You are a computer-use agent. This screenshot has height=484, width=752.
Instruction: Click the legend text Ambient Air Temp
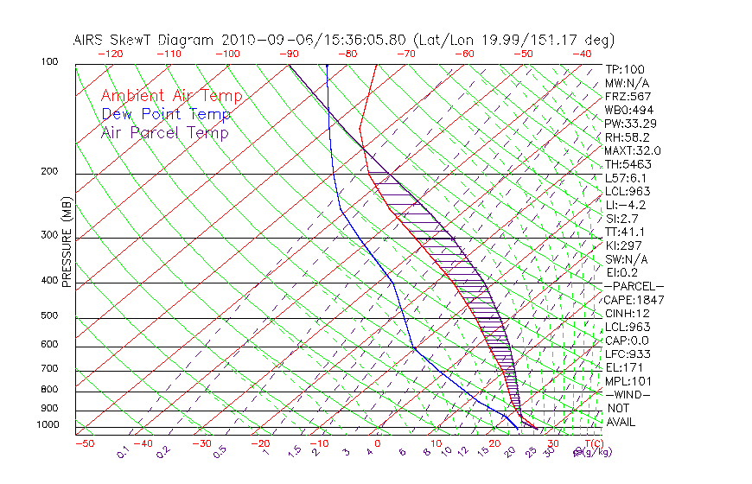point(171,96)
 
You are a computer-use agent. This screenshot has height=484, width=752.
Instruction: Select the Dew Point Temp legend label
point(166,114)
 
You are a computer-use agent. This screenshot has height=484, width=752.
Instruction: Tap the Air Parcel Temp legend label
point(165,132)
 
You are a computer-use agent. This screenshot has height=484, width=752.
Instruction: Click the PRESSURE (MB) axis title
point(67,247)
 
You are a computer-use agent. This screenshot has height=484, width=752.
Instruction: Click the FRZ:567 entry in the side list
point(628,97)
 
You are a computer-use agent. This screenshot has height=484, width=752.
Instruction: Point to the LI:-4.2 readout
point(625,205)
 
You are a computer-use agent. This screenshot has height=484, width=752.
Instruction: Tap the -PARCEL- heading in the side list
point(634,286)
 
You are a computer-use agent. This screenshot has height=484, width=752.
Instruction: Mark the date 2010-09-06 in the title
point(258,40)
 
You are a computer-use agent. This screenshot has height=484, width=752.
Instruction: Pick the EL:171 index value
point(622,367)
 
